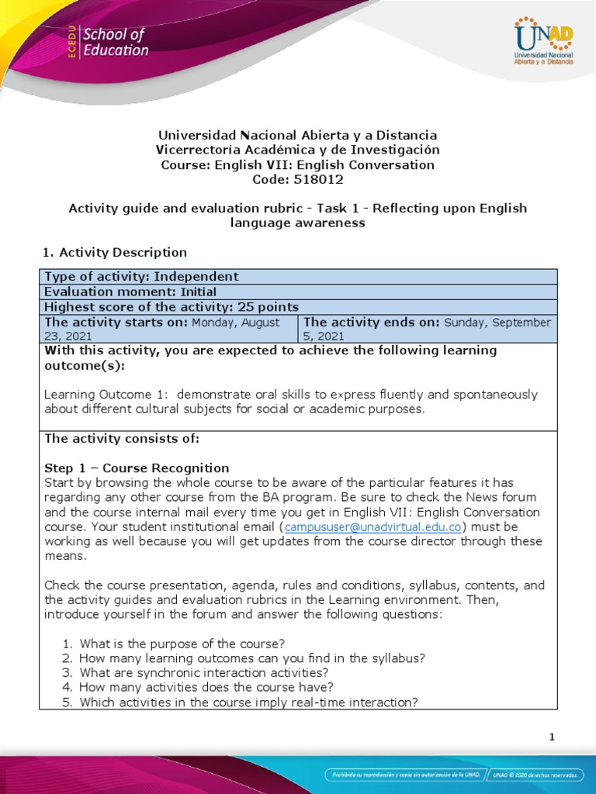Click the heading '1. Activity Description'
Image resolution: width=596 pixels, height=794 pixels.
click(x=113, y=252)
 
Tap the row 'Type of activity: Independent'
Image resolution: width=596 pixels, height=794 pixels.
click(x=142, y=277)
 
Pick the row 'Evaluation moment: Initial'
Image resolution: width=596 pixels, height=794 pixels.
click(x=130, y=292)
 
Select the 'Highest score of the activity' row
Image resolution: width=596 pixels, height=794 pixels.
click(x=172, y=306)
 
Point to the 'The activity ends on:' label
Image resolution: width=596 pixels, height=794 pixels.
click(x=372, y=322)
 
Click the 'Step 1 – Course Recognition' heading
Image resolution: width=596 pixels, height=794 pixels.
click(x=137, y=468)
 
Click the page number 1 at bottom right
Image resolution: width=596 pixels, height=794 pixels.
click(x=552, y=737)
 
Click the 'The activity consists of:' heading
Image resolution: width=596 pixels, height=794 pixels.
click(x=122, y=438)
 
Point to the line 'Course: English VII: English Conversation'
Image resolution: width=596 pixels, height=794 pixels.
click(x=297, y=164)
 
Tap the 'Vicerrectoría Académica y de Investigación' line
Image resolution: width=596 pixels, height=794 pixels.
click(x=297, y=150)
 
